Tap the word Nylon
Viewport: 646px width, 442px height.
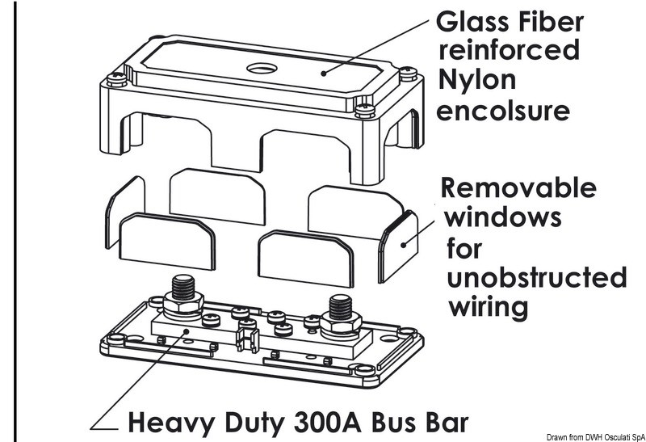(x=477, y=80)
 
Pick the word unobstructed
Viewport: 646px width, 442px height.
(x=536, y=277)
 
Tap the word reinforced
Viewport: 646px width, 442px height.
(x=508, y=50)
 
